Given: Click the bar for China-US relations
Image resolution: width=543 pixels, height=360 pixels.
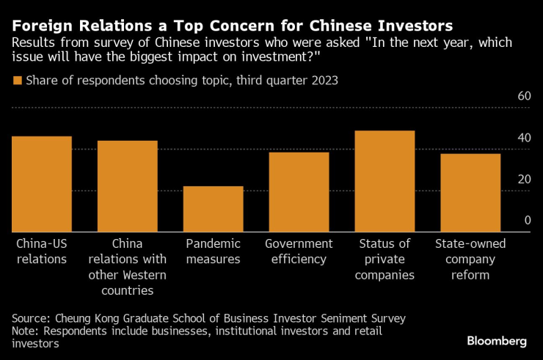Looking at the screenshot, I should click(x=42, y=184).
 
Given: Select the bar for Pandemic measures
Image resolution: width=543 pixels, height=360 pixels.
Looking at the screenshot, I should click(x=213, y=209).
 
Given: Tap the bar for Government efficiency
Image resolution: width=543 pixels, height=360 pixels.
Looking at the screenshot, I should click(x=299, y=192).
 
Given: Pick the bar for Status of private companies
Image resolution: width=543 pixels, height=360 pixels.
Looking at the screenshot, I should click(x=385, y=181).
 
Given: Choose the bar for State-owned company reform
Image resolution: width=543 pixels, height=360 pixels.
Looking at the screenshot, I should click(x=470, y=193).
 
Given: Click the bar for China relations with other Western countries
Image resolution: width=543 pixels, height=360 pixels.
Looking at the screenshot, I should click(x=128, y=186).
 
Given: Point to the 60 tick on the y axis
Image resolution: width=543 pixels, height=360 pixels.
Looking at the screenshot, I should click(x=523, y=97).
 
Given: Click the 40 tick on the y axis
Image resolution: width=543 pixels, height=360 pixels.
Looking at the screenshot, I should click(x=523, y=139).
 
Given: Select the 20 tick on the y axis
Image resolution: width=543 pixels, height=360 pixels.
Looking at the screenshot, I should click(x=523, y=180).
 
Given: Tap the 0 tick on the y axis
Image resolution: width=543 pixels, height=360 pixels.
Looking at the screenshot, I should click(x=527, y=221).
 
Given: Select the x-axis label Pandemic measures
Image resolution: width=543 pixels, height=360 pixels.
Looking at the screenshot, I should click(x=213, y=251).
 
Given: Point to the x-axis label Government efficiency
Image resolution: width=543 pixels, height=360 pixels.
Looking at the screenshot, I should click(x=299, y=251).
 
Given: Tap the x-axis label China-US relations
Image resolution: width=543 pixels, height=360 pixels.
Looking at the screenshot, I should click(x=42, y=251).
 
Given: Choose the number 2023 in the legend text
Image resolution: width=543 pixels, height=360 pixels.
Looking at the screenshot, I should click(x=323, y=81).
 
